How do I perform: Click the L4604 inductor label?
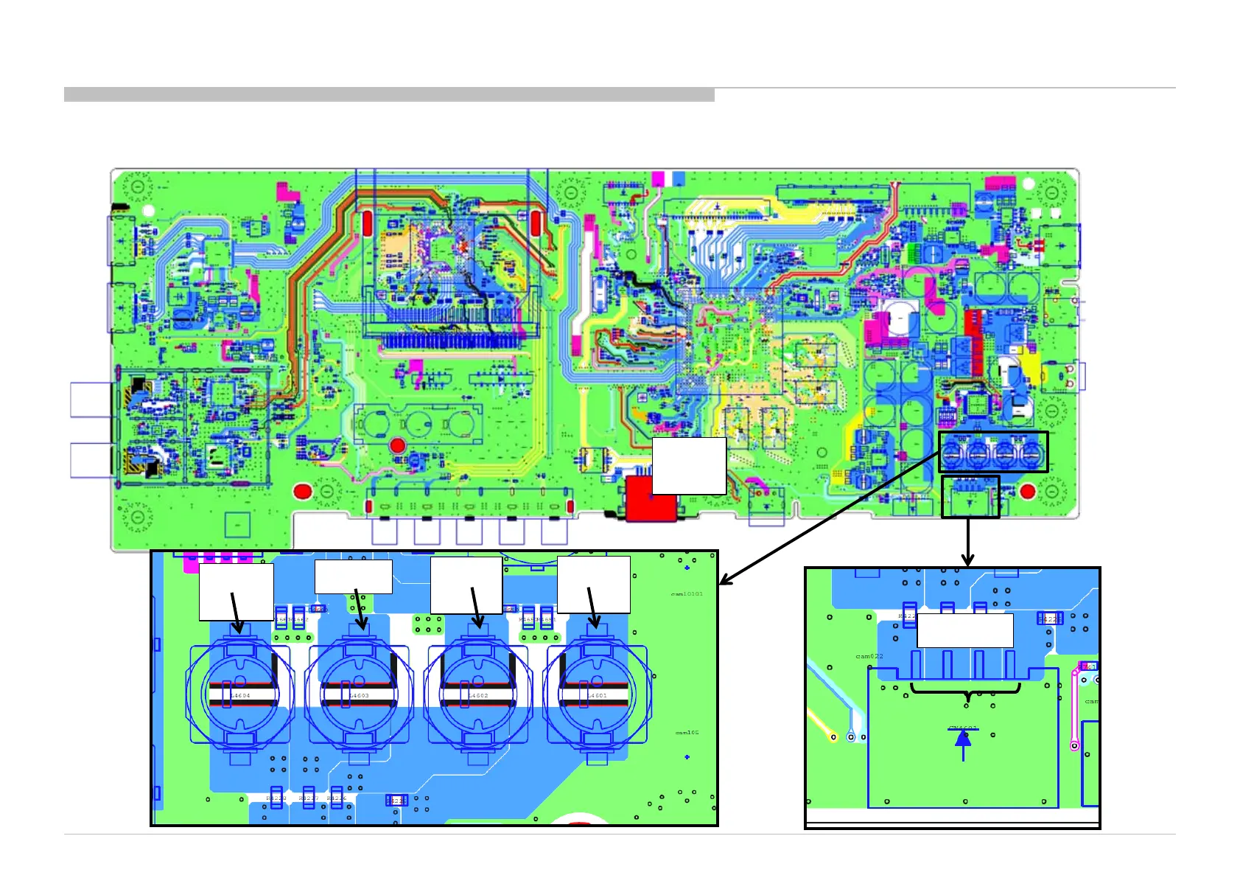click(x=240, y=695)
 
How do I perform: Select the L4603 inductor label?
click(x=360, y=695)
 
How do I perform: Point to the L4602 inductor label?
click(x=479, y=695)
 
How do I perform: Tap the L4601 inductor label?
click(x=598, y=695)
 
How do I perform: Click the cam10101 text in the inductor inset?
click(x=687, y=593)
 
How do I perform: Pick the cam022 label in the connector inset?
click(x=869, y=656)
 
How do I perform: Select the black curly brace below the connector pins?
click(x=966, y=691)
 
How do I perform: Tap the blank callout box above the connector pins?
click(x=965, y=630)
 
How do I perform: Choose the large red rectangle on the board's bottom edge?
click(x=651, y=499)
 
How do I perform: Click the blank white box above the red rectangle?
click(x=689, y=465)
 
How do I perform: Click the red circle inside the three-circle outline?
click(x=398, y=445)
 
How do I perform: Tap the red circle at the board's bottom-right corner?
click(x=1028, y=491)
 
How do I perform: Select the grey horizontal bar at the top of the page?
click(x=389, y=94)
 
